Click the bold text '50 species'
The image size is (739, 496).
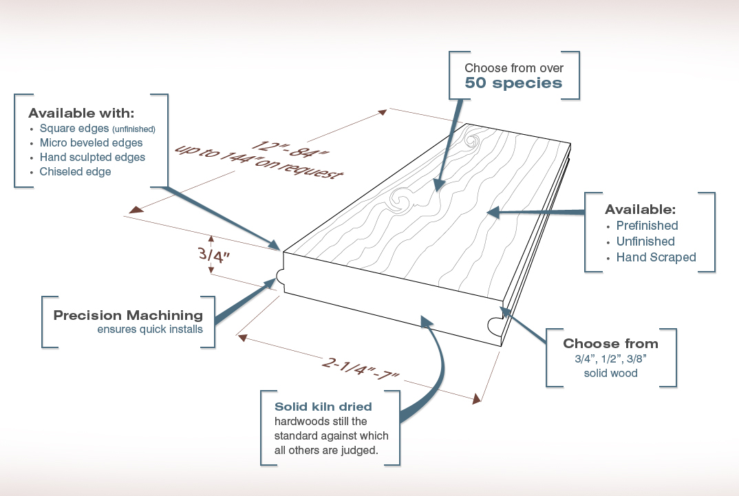[x=513, y=84]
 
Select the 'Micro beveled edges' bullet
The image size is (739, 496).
[x=91, y=143]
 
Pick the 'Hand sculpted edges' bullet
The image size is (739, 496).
[x=92, y=158]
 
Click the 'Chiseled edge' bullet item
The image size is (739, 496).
[x=75, y=172]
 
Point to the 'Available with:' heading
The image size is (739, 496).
[x=81, y=113]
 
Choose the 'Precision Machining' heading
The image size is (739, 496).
[x=128, y=316]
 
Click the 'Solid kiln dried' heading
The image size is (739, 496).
[x=323, y=407]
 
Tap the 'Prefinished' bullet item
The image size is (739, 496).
[x=647, y=226]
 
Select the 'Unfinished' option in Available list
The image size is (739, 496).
[x=645, y=241]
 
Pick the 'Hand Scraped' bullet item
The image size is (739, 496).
[x=656, y=257]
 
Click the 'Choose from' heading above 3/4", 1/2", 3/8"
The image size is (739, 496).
[x=610, y=344]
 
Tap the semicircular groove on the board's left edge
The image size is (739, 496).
[x=282, y=276]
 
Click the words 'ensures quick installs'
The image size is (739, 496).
[x=150, y=330]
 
